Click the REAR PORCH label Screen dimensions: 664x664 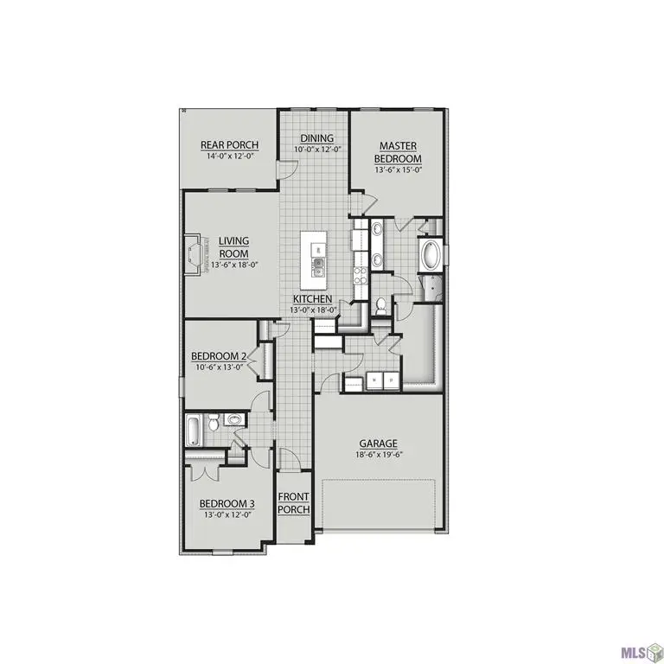(x=229, y=145)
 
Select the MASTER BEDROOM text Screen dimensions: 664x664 (x=398, y=153)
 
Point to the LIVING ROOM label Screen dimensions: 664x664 (x=233, y=246)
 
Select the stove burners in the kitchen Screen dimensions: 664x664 (x=361, y=276)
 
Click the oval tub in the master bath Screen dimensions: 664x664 (x=430, y=256)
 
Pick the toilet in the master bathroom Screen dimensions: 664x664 (x=380, y=305)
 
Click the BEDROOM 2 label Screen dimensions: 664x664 (x=220, y=355)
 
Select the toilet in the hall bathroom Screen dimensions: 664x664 (x=232, y=421)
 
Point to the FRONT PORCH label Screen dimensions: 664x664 (x=294, y=503)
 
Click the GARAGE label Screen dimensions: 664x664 (x=379, y=444)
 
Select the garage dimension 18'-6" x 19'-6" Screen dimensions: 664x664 (x=379, y=454)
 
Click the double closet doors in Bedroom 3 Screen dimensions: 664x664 (x=205, y=472)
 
